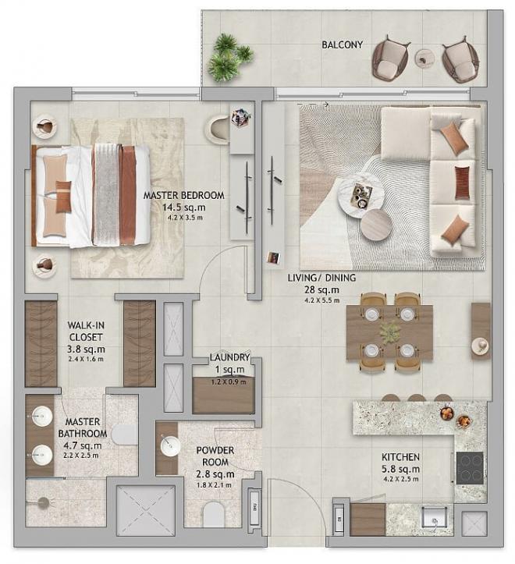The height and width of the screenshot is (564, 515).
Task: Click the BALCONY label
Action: coord(342,45)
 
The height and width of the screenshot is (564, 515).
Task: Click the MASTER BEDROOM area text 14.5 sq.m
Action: coord(183,208)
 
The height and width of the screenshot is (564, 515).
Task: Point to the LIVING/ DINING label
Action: coord(321,278)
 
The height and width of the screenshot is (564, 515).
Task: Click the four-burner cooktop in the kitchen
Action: coord(470,468)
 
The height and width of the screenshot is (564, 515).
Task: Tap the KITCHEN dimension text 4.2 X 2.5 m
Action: coord(400,479)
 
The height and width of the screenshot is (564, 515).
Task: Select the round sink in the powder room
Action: coord(170,446)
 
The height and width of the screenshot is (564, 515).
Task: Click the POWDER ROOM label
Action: coord(215,456)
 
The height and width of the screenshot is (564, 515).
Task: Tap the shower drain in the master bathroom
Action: coord(44,502)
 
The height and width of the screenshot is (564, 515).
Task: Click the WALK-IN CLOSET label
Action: coord(86,332)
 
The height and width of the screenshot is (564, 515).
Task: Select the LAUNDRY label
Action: coord(229,357)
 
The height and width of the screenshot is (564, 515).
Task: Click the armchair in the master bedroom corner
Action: coord(217,130)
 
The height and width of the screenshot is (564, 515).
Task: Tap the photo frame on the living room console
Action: coord(273,258)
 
